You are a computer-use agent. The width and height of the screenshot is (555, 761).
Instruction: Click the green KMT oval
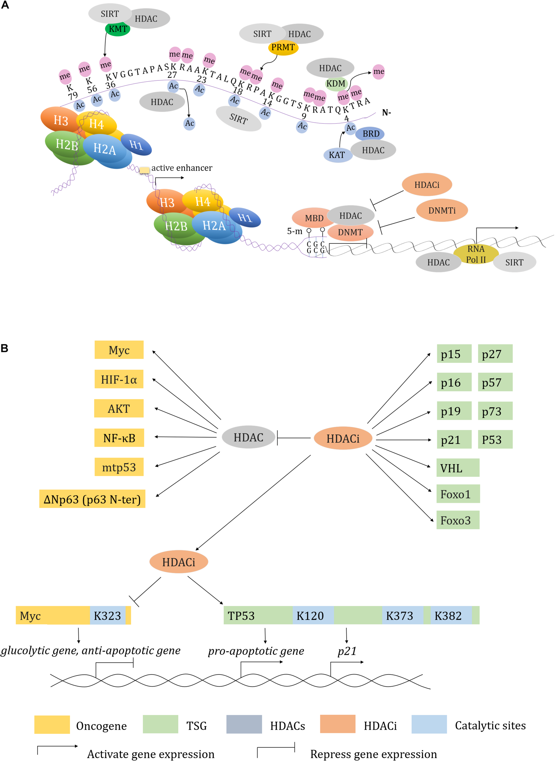click(x=118, y=29)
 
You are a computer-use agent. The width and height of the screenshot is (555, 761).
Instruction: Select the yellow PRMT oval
click(x=283, y=47)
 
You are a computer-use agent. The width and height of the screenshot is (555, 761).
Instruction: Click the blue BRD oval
click(x=370, y=134)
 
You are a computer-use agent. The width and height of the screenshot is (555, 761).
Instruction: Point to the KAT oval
click(x=337, y=155)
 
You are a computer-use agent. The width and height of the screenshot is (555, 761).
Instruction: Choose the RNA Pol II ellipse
click(x=476, y=254)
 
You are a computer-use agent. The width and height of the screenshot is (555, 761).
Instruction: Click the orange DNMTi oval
click(x=442, y=211)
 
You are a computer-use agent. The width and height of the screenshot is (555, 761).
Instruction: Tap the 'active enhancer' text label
click(x=182, y=168)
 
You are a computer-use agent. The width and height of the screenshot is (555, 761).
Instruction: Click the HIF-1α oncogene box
click(x=119, y=379)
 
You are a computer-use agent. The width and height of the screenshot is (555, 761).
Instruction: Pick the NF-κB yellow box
click(x=119, y=438)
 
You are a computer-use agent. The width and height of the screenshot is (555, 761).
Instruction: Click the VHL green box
click(x=458, y=468)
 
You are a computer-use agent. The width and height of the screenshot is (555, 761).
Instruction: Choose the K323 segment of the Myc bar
click(x=107, y=615)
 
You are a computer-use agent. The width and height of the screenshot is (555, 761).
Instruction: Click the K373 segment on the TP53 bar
click(x=402, y=615)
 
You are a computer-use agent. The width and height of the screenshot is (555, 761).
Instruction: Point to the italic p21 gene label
click(x=347, y=651)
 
